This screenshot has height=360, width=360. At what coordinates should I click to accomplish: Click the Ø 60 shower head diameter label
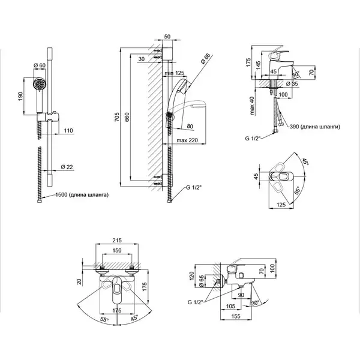[40, 65]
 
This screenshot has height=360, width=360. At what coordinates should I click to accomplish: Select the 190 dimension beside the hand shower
[20, 96]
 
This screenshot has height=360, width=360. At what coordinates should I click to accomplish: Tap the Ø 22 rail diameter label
[67, 167]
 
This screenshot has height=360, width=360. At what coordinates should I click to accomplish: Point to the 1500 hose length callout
[82, 195]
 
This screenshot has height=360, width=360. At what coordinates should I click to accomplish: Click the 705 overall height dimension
[117, 117]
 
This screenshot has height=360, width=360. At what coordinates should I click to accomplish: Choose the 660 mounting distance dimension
[127, 117]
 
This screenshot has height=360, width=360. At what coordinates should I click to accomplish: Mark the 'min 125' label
[174, 73]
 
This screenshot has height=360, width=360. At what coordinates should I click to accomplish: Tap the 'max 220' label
[187, 140]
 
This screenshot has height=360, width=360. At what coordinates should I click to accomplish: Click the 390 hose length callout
[314, 127]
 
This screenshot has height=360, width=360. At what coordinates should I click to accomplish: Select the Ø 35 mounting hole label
[292, 83]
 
